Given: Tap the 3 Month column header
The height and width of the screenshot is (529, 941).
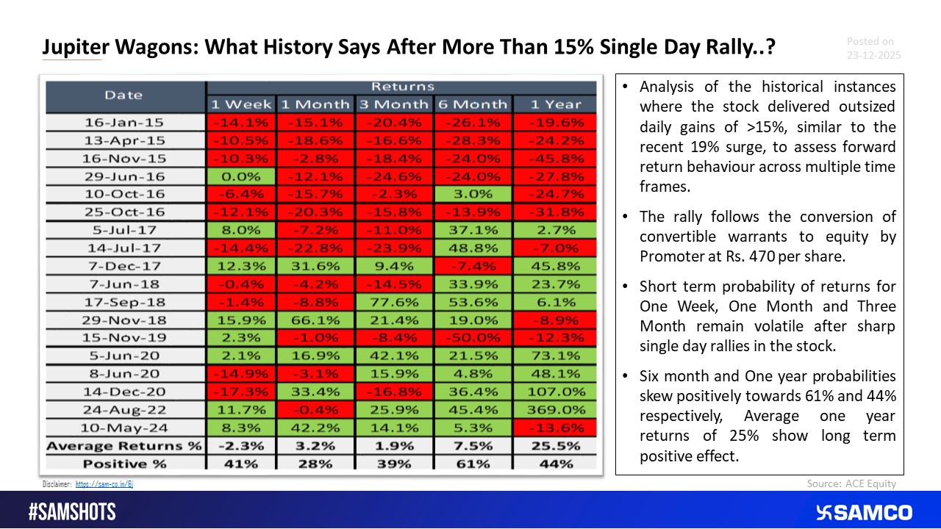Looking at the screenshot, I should (x=395, y=104).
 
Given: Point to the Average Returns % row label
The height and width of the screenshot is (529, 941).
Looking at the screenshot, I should (x=124, y=446).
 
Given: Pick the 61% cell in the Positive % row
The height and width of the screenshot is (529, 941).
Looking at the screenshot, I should (x=473, y=464).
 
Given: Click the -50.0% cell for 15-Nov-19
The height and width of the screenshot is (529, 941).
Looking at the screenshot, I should (x=473, y=338).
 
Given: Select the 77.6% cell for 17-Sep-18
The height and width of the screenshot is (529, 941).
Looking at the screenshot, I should (x=395, y=302).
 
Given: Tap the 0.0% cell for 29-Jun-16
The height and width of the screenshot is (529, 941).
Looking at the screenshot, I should (x=243, y=176).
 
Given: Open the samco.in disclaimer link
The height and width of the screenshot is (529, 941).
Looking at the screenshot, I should (x=104, y=484).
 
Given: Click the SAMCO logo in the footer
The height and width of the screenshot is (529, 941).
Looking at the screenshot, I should (x=865, y=512).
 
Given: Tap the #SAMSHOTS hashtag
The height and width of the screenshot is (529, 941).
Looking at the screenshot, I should (x=72, y=512).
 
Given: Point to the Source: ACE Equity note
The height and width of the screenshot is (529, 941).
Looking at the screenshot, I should (x=851, y=483).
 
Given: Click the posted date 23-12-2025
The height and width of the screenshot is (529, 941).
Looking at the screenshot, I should (x=873, y=55).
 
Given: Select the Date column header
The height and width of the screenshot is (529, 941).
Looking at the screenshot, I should (x=124, y=95).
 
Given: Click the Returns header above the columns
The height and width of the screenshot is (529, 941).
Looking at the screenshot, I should (x=402, y=87).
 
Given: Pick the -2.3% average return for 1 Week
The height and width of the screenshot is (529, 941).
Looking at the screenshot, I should (x=243, y=446).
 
